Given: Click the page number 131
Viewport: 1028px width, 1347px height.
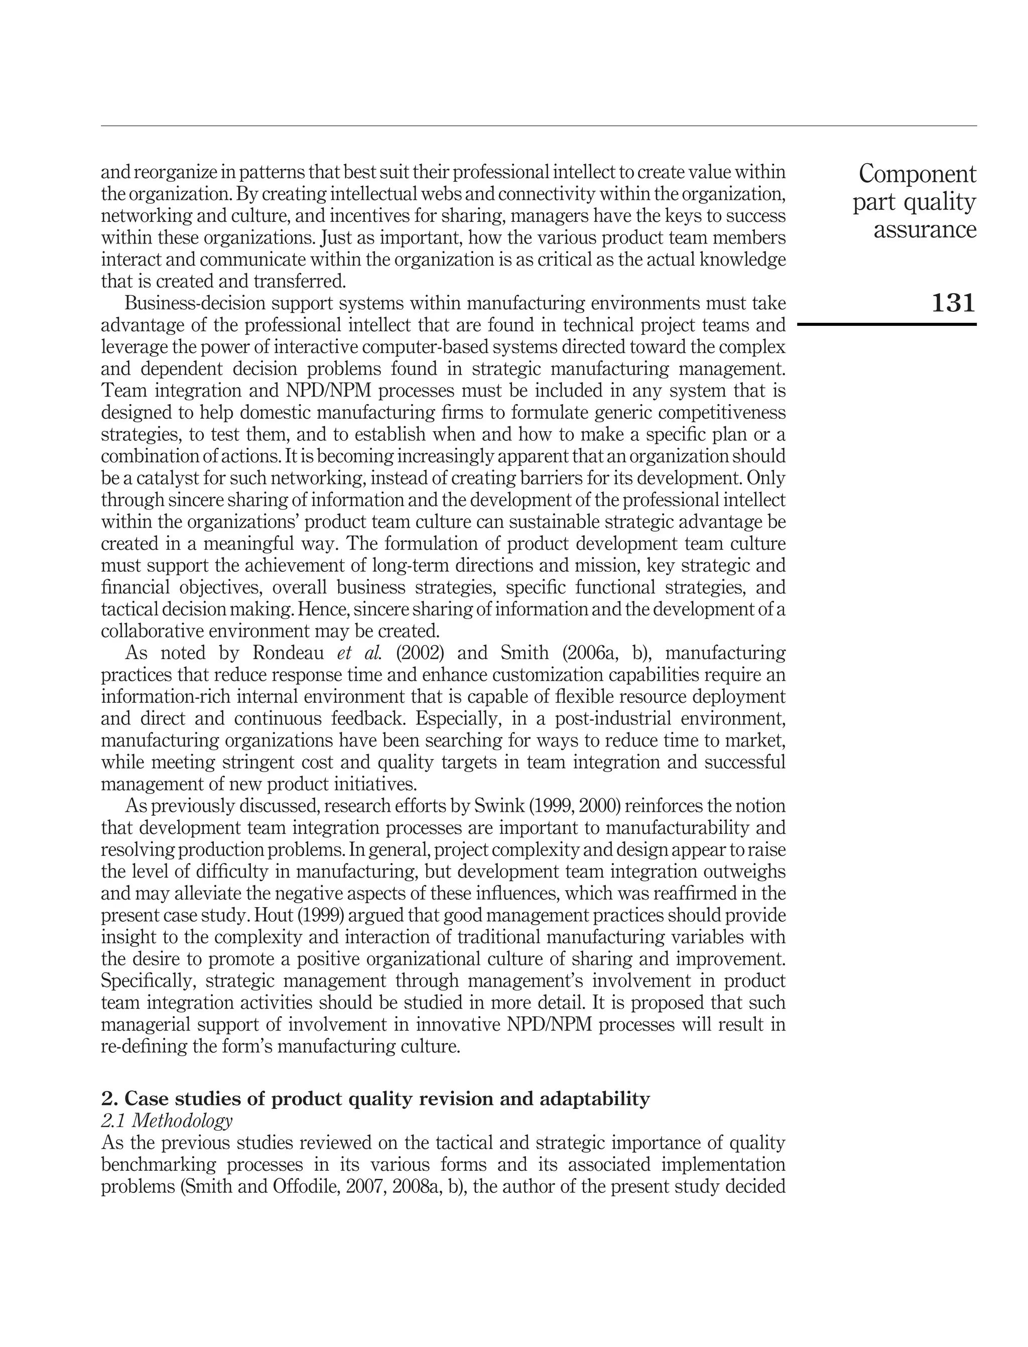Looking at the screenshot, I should click(953, 303).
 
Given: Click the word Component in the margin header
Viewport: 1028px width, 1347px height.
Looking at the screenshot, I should click(917, 174).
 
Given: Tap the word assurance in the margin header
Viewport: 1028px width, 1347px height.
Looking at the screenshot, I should click(925, 230).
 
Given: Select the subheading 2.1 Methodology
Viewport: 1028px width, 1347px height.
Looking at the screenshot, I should click(167, 1121).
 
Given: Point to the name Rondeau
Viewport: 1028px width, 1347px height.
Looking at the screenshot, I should click(288, 654).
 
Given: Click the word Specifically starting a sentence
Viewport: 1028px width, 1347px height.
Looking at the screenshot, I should click(147, 982).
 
